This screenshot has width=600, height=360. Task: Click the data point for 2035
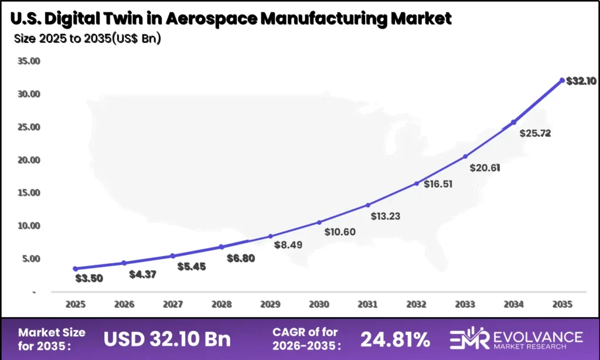coord(562,80)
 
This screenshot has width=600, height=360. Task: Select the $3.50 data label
coord(89,278)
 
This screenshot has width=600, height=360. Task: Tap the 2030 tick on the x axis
coord(319,305)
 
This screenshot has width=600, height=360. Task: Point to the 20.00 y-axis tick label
coord(29,160)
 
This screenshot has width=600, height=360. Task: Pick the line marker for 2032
coord(417,184)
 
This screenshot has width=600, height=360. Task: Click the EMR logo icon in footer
coord(466,338)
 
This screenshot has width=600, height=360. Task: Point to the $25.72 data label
coord(535,133)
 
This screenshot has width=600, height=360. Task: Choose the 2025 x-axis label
coord(76,305)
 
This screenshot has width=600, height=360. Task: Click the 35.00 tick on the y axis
coord(29,61)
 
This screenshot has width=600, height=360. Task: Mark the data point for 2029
coord(270,236)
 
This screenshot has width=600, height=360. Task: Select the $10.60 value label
coord(340,232)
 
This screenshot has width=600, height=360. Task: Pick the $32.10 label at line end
coord(581,81)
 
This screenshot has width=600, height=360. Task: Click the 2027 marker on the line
coord(173,256)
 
